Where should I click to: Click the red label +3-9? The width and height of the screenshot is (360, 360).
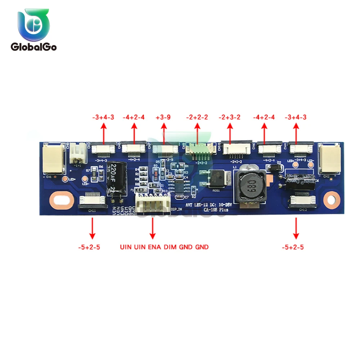164,117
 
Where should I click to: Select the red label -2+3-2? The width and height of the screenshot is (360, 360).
230,117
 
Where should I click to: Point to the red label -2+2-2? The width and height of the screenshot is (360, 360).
197,117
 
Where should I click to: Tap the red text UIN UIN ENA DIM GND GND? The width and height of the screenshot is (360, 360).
164,247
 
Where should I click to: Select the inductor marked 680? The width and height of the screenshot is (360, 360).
248,186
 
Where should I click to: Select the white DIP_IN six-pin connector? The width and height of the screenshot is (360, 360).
153,205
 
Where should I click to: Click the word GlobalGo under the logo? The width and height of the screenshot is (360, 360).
33,47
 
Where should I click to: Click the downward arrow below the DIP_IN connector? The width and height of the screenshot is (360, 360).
153,228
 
